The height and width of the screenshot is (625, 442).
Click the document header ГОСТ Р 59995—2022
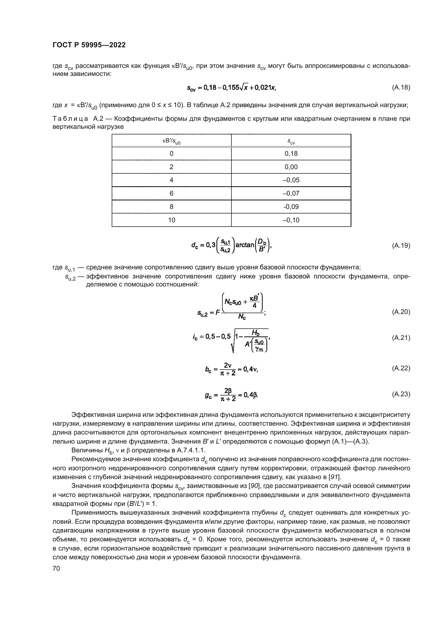(89, 45)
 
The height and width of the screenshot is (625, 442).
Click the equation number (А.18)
(401, 87)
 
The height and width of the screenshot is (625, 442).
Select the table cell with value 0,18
(291, 154)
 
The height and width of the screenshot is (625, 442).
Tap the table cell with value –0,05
(291, 180)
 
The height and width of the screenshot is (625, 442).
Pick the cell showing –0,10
(291, 220)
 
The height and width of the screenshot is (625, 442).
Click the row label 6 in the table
(172, 193)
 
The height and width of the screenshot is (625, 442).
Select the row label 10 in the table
(172, 220)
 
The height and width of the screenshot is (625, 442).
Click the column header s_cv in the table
(291, 141)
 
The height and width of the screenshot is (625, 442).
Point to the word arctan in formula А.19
(245, 245)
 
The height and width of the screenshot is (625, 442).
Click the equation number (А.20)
(401, 312)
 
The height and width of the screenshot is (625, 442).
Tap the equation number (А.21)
(401, 338)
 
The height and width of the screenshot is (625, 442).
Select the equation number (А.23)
(401, 394)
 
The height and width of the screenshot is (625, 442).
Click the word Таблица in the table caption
(70, 119)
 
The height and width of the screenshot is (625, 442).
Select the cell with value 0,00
(291, 167)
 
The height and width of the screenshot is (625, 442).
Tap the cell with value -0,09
(291, 207)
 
